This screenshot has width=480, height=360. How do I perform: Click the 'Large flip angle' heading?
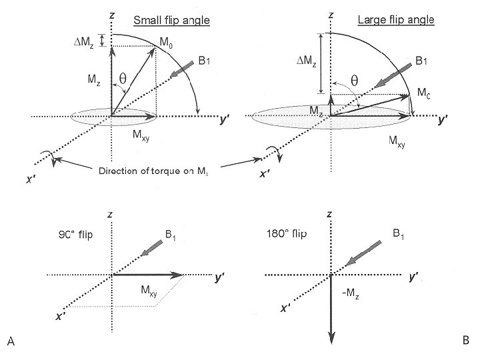pos(396,20)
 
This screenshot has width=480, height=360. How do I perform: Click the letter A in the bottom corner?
pos(11,342)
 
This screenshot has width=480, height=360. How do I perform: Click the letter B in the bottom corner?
pos(466,341)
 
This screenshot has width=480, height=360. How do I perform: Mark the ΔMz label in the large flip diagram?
pos(306,61)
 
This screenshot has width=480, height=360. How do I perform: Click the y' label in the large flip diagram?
pos(443,121)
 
